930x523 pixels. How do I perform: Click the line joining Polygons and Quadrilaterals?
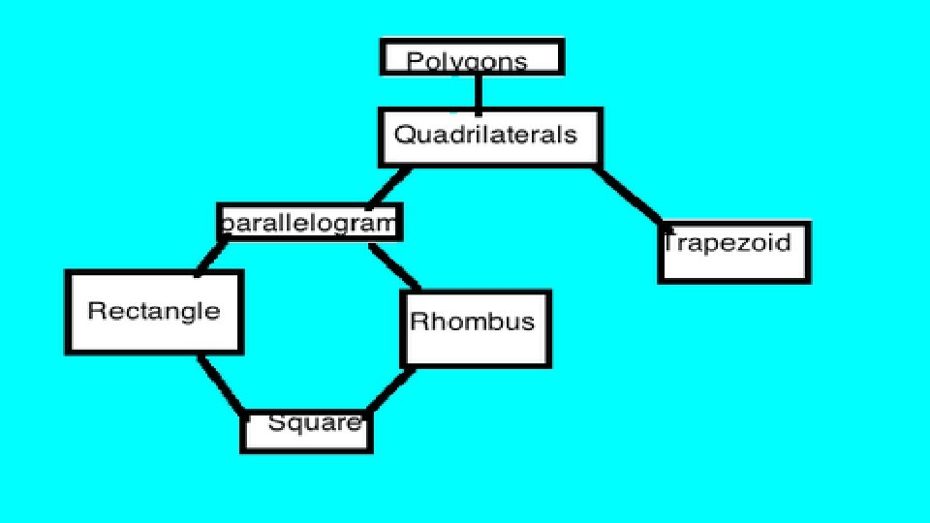[x=478, y=92]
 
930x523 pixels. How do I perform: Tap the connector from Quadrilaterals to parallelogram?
[x=387, y=187]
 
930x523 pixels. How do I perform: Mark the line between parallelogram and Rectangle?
[x=211, y=257]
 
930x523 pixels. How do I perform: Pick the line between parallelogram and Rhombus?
[x=395, y=266]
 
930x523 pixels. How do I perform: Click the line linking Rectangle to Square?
[x=221, y=385]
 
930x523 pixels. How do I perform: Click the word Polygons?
[x=467, y=62]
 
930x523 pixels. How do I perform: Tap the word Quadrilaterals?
[x=485, y=135]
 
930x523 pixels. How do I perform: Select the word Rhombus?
[x=472, y=321]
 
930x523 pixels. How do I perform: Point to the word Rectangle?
[x=154, y=311]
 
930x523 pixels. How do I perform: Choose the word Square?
[x=314, y=422]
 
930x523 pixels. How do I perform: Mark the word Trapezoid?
[x=727, y=242]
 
